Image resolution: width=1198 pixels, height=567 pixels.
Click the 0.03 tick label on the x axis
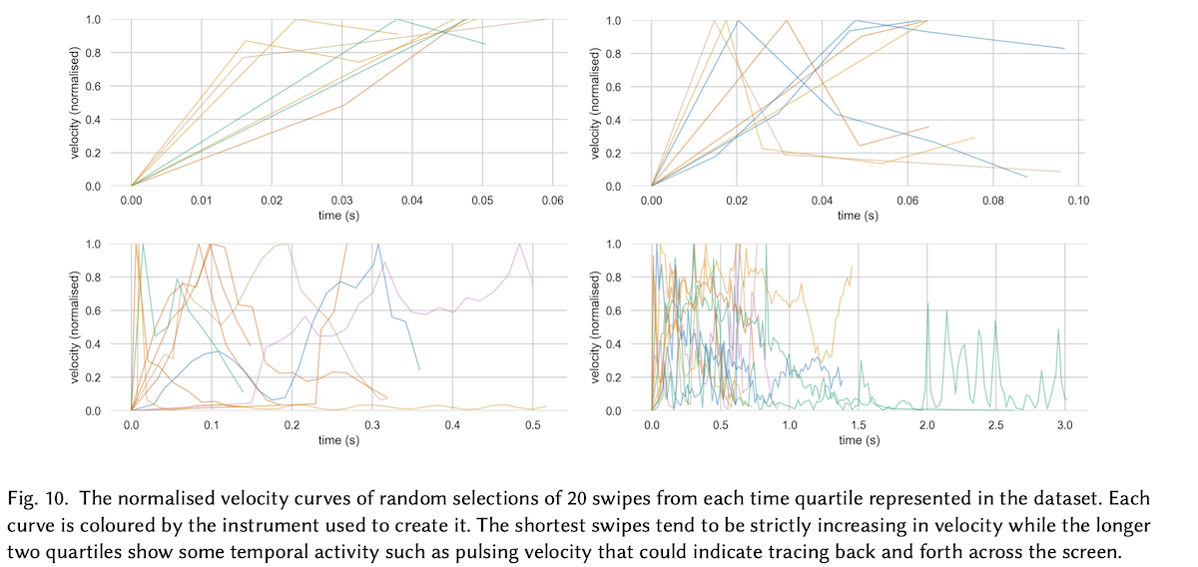342,201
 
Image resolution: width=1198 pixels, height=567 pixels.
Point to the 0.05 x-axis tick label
483,201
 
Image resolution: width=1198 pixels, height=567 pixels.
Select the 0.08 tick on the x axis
992,201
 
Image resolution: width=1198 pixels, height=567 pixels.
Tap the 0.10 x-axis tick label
1077,201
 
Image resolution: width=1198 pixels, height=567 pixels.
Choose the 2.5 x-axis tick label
995,425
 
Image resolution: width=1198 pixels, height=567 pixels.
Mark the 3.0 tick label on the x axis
1064,425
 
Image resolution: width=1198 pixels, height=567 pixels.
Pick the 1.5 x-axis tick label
858,425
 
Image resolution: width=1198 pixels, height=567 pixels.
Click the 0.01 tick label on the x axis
202,201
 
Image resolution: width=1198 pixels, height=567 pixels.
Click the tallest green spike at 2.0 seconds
927,303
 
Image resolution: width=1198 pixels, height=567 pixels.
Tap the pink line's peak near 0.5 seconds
519,245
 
